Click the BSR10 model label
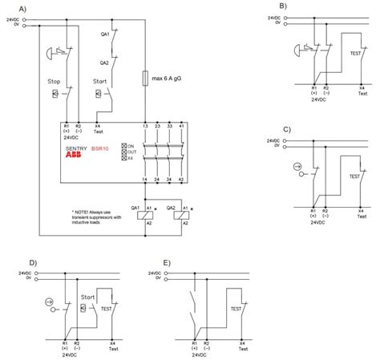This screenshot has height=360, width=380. point(99,149)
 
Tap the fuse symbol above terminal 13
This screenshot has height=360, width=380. point(144,80)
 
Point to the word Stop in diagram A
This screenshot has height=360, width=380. point(55,82)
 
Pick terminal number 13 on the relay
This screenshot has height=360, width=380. point(144,126)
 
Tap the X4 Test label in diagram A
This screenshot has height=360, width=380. point(98,129)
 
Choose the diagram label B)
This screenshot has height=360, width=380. point(283,6)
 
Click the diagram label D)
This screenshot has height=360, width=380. point(33,263)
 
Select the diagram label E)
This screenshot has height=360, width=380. point(166,263)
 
